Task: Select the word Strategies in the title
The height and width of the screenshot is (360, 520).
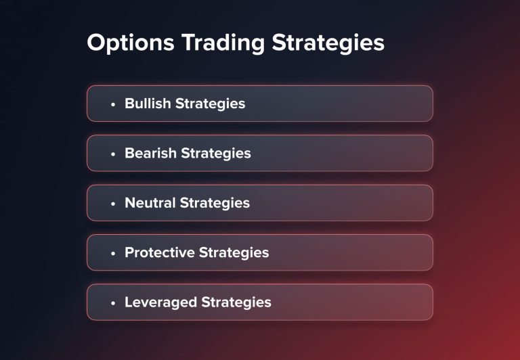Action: point(328,43)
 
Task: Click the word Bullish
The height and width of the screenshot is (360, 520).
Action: point(148,104)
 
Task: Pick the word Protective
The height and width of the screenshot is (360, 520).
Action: point(159,252)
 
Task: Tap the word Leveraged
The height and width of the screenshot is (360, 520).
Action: point(160,302)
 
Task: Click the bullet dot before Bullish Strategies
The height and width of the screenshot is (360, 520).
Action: point(113,104)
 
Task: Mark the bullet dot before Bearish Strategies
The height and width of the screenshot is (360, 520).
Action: point(113,154)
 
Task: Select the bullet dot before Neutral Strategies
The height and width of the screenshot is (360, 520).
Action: point(113,203)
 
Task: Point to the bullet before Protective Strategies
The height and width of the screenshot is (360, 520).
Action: point(113,253)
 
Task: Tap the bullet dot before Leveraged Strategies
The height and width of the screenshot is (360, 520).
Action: point(113,302)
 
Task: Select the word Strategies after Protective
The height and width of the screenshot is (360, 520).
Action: point(234,252)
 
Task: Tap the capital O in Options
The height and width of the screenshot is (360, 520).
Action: point(97,43)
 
